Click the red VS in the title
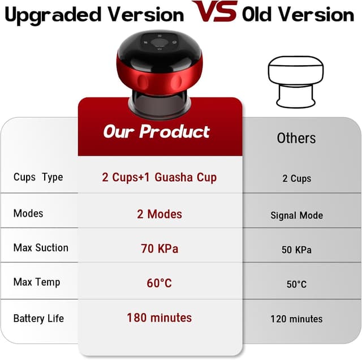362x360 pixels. click(x=214, y=12)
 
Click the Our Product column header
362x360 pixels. click(x=157, y=132)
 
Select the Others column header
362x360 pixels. click(x=296, y=138)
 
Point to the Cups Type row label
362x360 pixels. click(x=38, y=177)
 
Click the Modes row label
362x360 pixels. click(x=28, y=213)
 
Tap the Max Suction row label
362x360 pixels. click(x=41, y=247)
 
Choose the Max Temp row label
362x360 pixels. click(x=37, y=282)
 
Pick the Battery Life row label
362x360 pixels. click(x=38, y=318)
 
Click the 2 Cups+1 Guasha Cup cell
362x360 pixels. click(x=160, y=177)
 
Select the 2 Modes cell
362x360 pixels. click(x=160, y=214)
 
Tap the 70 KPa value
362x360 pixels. click(x=160, y=248)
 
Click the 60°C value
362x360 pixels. click(x=160, y=282)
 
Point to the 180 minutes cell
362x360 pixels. click(x=160, y=318)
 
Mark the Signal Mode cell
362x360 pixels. click(x=296, y=215)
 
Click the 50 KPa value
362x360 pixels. click(x=296, y=250)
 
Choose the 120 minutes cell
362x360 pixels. click(x=296, y=319)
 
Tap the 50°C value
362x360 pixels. click(x=296, y=284)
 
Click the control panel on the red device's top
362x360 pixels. click(x=160, y=42)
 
